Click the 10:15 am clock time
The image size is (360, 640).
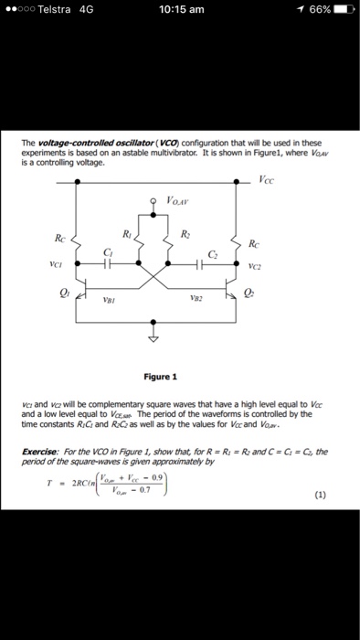(181, 10)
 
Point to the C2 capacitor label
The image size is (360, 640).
(212, 251)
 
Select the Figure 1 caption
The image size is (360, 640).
(161, 376)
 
